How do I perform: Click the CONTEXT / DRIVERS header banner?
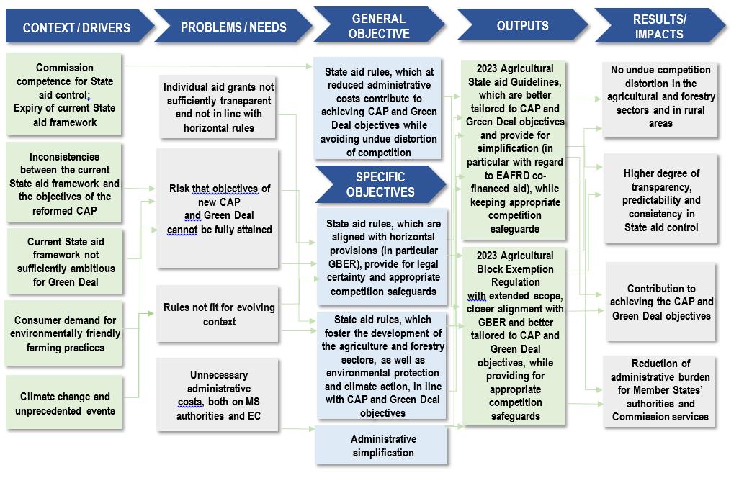click(x=76, y=28)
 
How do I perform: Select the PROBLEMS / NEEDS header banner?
click(x=233, y=27)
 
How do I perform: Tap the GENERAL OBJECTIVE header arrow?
click(x=380, y=26)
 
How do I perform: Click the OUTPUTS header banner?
click(x=522, y=26)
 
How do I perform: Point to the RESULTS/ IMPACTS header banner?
click(x=658, y=26)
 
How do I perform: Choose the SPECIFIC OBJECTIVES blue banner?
click(x=380, y=184)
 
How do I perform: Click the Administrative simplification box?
click(x=382, y=446)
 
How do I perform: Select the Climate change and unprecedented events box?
click(x=65, y=403)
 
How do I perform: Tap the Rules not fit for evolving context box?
click(x=219, y=315)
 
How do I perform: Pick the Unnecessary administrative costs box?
click(x=218, y=395)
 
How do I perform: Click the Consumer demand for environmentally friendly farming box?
click(x=65, y=334)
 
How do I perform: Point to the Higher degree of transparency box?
click(x=661, y=200)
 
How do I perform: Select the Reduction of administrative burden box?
click(x=660, y=390)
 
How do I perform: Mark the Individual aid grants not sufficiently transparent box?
click(x=218, y=107)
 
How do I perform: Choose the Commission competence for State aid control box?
click(x=64, y=95)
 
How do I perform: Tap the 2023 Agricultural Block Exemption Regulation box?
click(x=515, y=335)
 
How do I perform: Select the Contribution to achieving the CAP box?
click(x=661, y=302)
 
